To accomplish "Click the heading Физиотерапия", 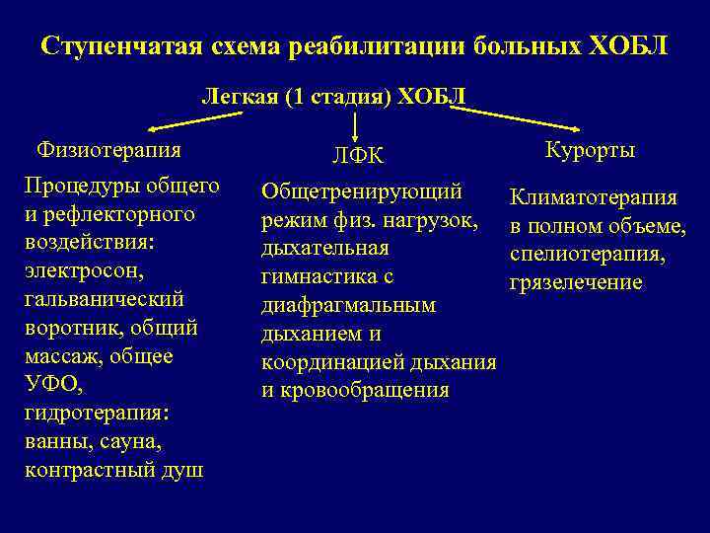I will [108, 150].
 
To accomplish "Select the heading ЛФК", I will [357, 156].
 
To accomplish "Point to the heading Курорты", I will [590, 150].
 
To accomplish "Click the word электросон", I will [85, 269].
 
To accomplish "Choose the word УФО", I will [48, 383].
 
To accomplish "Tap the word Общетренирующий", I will [362, 190].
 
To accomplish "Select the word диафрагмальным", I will [348, 305].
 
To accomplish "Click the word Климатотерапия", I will [593, 197].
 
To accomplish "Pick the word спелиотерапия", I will [588, 255].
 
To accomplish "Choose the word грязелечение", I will [576, 283].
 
